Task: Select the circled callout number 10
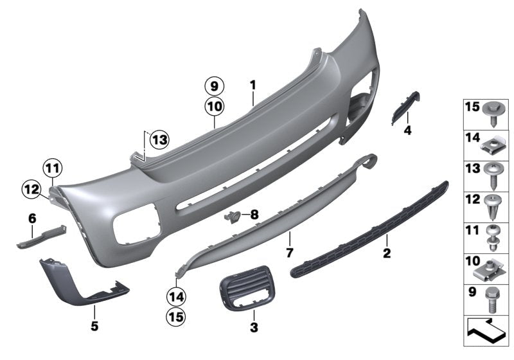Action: click(214, 105)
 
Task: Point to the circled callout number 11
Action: click(54, 170)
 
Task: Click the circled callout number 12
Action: click(30, 189)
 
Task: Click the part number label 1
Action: click(253, 84)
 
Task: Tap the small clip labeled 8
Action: click(233, 217)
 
